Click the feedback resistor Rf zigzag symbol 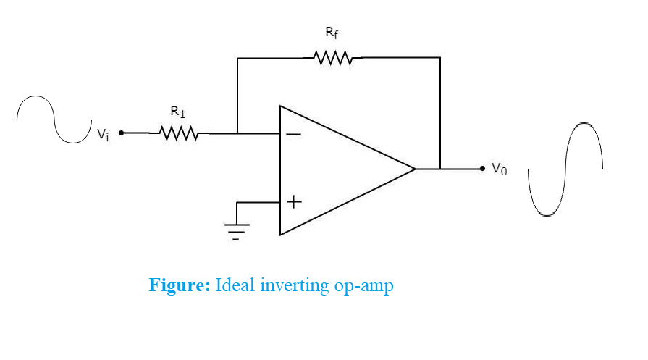(334, 57)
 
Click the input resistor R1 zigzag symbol (178, 133)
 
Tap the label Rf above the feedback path (330, 33)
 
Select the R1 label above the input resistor (177, 112)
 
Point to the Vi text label (104, 135)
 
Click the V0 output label (500, 169)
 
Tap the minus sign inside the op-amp (293, 134)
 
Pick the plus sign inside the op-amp (293, 202)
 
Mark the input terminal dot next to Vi (121, 133)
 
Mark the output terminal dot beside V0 (482, 169)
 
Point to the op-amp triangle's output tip (415, 169)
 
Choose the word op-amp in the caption (364, 286)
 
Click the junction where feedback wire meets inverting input (237, 133)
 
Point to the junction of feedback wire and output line (439, 169)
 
